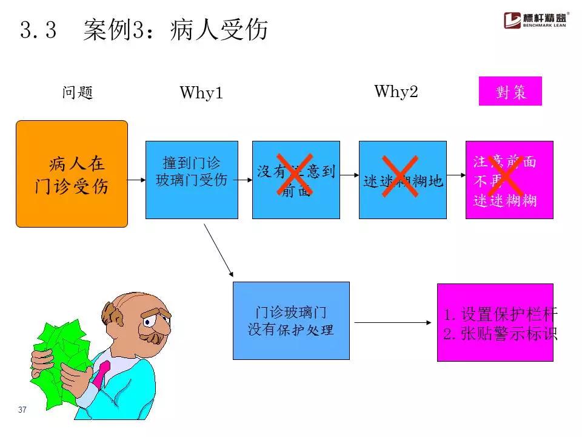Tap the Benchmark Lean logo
536,20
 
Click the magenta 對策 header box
510,92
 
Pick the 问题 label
77,93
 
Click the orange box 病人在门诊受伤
72,174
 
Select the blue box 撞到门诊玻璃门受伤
192,180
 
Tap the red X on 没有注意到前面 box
296,175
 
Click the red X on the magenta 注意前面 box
509,175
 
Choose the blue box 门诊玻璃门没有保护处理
291,320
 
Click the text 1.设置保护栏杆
500,314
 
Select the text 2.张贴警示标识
500,334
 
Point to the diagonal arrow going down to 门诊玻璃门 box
218,250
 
